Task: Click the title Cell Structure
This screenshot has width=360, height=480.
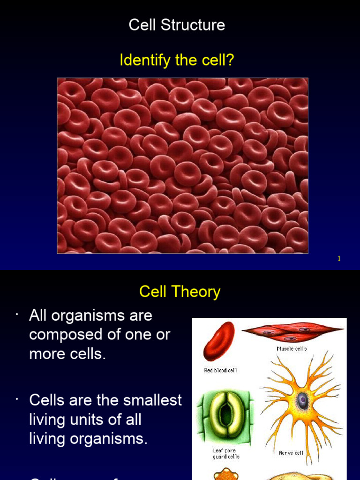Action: pos(177,25)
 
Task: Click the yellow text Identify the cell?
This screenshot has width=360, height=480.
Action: pos(177,60)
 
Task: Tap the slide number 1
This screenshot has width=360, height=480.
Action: pos(339,259)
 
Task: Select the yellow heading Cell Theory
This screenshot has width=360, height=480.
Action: pos(180,292)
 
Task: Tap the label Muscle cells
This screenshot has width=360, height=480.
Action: pos(292,349)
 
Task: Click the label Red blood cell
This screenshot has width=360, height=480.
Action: pos(220,370)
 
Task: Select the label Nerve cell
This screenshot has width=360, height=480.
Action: pos(291,453)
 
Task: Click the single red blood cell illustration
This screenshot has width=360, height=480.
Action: pos(219,341)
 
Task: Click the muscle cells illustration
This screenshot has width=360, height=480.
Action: pos(293,332)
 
